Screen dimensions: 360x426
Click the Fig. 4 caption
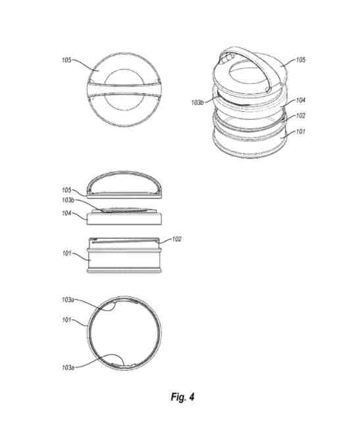pos(182,397)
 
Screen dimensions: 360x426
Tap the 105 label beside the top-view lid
pos(66,60)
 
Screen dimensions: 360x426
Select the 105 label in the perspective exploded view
pos(301,60)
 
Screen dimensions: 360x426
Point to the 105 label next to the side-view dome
pos(66,190)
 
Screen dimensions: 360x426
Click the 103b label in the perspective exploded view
pos(197,103)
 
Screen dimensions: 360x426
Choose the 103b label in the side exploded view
pos(68,200)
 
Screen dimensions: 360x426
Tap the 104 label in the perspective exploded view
pos(301,100)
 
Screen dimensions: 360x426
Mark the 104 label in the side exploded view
pos(66,213)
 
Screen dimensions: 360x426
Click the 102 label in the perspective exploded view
pos(301,116)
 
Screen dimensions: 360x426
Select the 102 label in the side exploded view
pos(176,239)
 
